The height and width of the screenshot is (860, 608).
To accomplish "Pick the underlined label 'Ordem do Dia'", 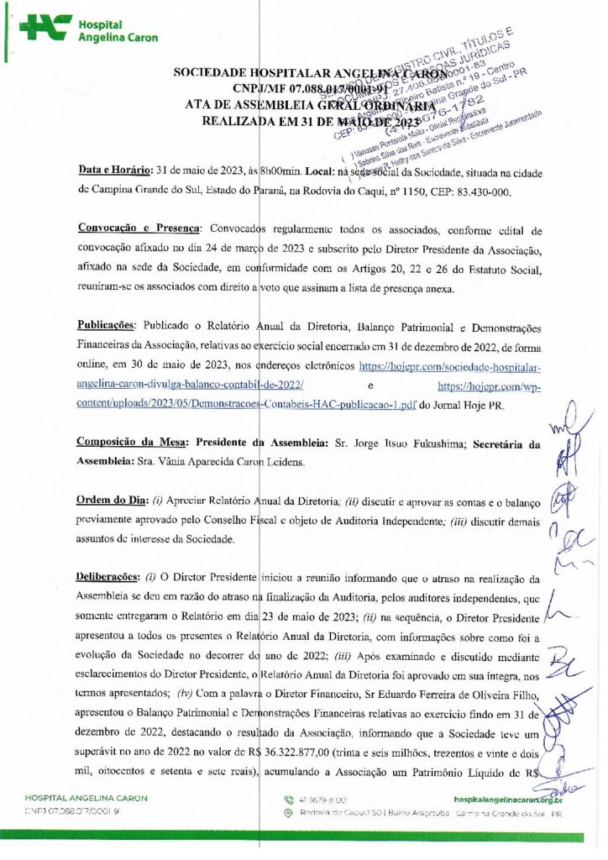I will [110, 500].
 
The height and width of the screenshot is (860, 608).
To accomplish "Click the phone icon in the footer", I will [290, 800].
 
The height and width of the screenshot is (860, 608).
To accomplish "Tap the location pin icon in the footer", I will [290, 813].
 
